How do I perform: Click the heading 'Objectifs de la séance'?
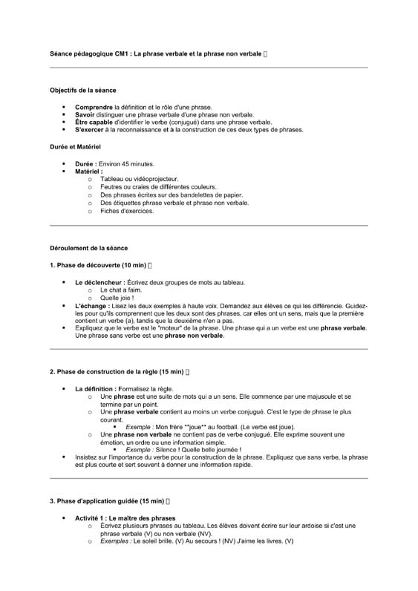pos(82,90)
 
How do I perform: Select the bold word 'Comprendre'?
pos(94,108)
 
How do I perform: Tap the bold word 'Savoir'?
pos(86,115)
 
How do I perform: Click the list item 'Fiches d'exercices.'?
pos(127,211)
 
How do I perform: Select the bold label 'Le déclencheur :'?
pos(99,283)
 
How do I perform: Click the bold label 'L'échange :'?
pos(92,306)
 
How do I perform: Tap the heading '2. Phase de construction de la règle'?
pos(116,371)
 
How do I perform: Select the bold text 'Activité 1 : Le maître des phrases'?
pos(125,517)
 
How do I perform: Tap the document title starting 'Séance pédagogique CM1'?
pos(155,54)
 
